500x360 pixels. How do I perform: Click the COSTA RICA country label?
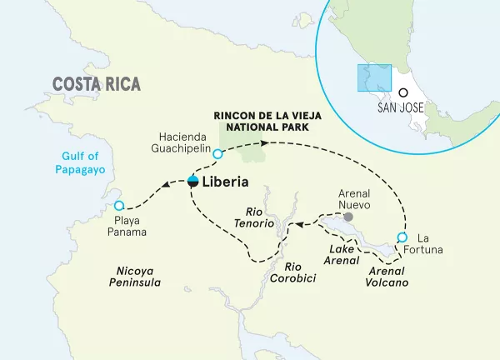(96, 84)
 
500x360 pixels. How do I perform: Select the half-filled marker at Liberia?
(192, 182)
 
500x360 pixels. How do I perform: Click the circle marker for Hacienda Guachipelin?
(217, 154)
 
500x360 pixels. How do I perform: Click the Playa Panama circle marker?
(118, 205)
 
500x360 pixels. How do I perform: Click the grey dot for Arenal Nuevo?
(347, 217)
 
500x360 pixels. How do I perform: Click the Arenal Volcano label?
(388, 277)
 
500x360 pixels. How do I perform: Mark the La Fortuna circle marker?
(402, 237)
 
